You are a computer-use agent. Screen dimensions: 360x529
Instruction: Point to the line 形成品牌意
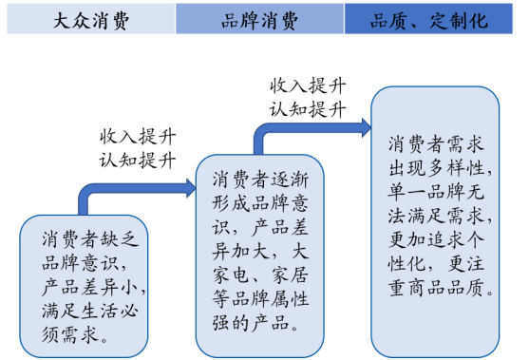260,203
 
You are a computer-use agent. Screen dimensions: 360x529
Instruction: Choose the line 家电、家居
260,276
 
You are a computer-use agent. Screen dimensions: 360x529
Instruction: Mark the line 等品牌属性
260,300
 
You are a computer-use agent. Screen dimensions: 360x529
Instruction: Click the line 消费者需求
438,144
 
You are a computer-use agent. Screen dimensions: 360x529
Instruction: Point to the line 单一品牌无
438,192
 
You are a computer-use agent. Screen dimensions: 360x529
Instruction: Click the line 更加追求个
438,240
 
